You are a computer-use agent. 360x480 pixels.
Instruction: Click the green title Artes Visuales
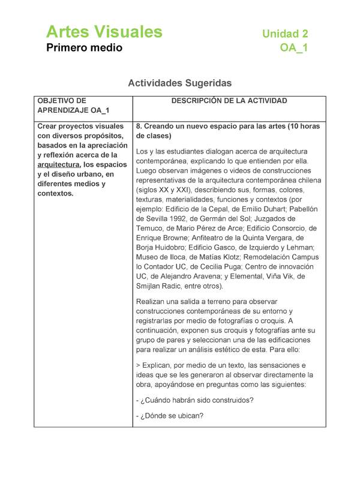tap(104, 32)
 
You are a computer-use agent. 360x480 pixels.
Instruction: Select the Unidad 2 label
tap(285, 34)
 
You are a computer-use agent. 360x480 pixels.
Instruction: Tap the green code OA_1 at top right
tap(294, 48)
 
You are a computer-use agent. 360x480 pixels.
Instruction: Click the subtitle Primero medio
tap(85, 47)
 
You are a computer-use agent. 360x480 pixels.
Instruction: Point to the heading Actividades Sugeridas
tap(179, 83)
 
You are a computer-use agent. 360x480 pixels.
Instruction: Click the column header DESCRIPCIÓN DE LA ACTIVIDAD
tap(229, 101)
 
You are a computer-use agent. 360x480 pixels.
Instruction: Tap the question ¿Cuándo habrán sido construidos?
tap(194, 400)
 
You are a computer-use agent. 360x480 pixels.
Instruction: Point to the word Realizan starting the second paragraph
tap(153, 301)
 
